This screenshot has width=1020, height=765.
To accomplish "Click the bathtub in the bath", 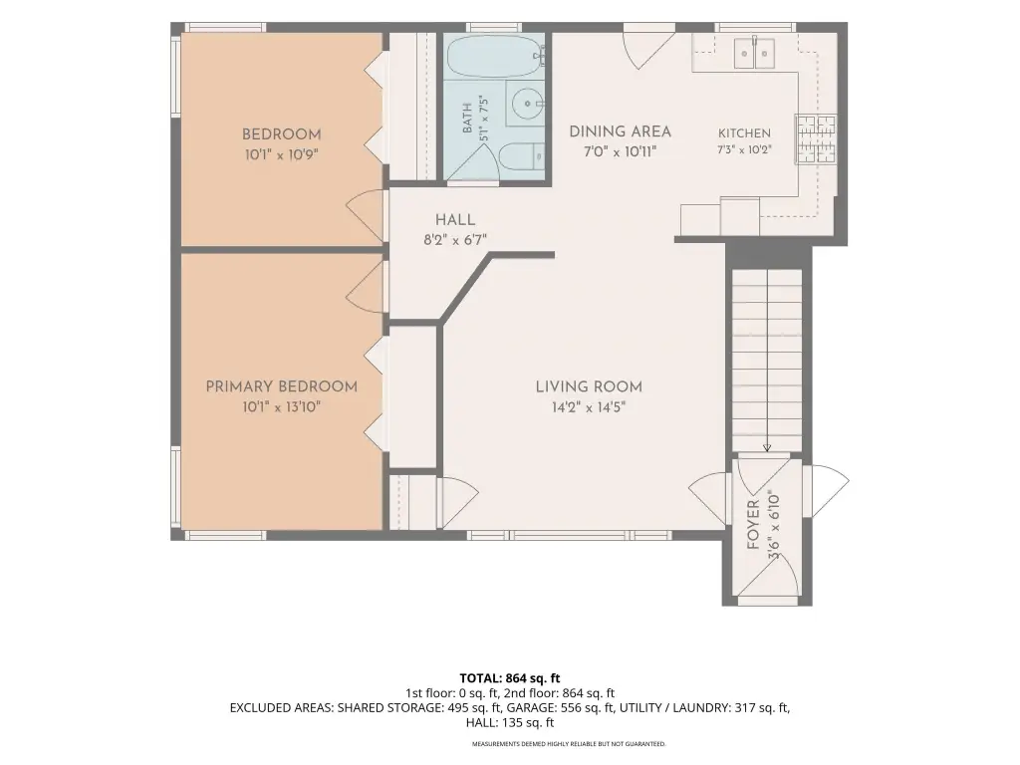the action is (x=495, y=56).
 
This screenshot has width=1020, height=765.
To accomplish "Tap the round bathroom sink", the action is (x=525, y=104).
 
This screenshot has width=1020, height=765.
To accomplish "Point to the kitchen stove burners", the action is (x=816, y=138).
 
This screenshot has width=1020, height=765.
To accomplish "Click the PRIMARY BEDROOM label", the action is (x=282, y=386).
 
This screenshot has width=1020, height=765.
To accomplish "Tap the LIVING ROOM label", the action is (x=589, y=386).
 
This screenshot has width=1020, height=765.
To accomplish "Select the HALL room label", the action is (x=455, y=219).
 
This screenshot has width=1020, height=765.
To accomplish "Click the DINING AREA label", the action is (x=620, y=131).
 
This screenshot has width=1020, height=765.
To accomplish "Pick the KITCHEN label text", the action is (x=744, y=132).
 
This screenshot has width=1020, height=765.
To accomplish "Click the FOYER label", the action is (x=753, y=524).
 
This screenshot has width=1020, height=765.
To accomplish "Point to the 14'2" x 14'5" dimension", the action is (x=589, y=407).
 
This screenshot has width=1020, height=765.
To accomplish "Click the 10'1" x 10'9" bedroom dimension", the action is (x=282, y=154).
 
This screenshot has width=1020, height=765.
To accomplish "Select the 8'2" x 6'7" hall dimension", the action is (x=455, y=240).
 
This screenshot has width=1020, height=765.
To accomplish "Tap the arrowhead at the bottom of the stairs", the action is (x=767, y=447).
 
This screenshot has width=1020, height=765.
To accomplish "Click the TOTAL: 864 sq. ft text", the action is (x=509, y=678).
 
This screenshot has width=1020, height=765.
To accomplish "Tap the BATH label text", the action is (x=467, y=119).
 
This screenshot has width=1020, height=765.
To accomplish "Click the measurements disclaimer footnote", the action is (x=569, y=743).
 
